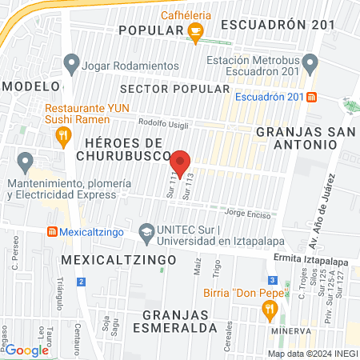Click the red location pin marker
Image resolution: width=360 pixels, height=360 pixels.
tap(181, 162)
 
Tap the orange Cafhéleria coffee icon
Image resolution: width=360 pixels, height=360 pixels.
tap(194, 30)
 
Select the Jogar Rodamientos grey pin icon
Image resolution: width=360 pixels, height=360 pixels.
tap(72, 62)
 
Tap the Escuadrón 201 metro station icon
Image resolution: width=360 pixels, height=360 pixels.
tap(311, 97)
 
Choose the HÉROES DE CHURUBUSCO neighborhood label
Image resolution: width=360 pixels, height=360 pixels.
tap(124, 148)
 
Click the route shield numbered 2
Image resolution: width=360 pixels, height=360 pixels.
tap(81, 281)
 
